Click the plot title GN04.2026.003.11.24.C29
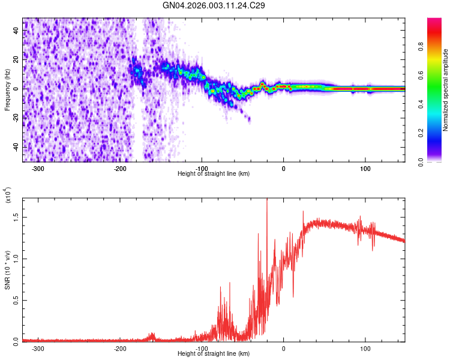(214, 5)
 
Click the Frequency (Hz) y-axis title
(7, 90)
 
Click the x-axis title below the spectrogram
(214, 173)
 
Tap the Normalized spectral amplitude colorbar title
(445, 90)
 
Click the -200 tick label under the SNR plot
(119, 348)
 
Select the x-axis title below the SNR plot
(214, 354)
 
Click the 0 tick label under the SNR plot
(284, 348)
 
